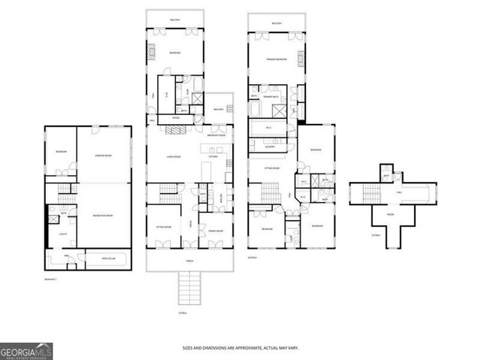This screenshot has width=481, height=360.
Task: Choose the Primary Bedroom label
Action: point(276,58)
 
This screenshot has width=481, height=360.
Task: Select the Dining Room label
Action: point(214,231)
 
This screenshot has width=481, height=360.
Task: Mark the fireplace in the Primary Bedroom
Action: point(301,57)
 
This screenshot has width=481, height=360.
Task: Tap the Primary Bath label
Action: point(271,98)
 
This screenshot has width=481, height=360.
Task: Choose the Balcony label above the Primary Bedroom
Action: point(277,23)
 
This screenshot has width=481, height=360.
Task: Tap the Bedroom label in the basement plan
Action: point(61,153)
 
